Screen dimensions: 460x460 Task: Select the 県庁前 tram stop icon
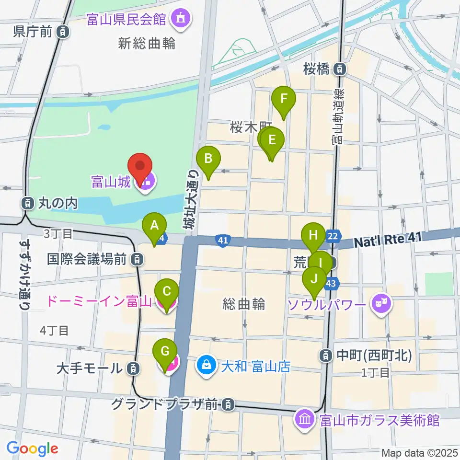62,32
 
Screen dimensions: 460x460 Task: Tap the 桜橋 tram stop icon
340,69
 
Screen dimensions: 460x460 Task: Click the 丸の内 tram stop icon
28,203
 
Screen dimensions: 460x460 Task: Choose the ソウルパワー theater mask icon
382,303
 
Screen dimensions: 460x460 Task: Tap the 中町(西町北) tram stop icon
326,355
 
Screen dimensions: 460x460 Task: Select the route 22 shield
333,235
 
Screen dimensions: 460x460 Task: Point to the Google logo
32,448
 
